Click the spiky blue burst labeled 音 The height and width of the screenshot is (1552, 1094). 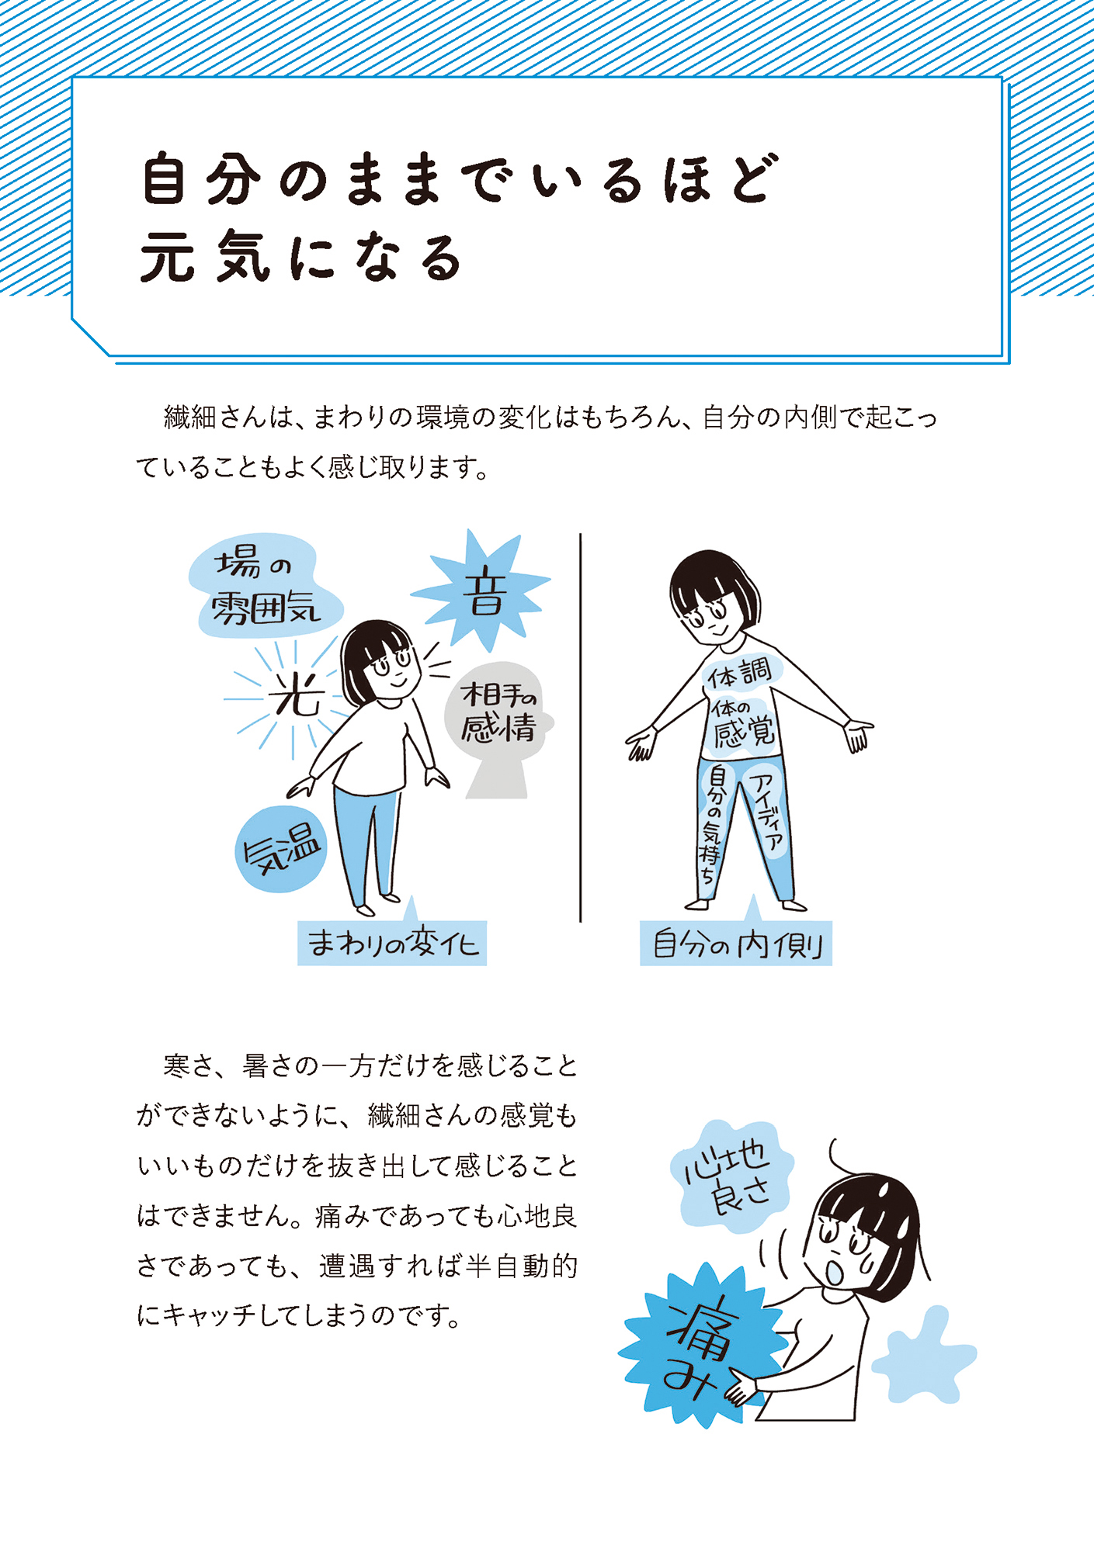483,594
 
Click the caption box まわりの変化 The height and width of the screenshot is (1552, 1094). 392,943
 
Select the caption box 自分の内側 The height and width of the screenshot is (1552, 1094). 736,944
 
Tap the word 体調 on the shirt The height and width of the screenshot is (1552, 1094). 739,673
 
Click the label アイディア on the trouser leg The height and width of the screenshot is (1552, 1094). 766,811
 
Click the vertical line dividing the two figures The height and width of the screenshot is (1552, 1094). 581,727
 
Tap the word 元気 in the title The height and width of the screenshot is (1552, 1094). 205,257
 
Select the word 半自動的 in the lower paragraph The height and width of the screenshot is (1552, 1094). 523,1266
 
